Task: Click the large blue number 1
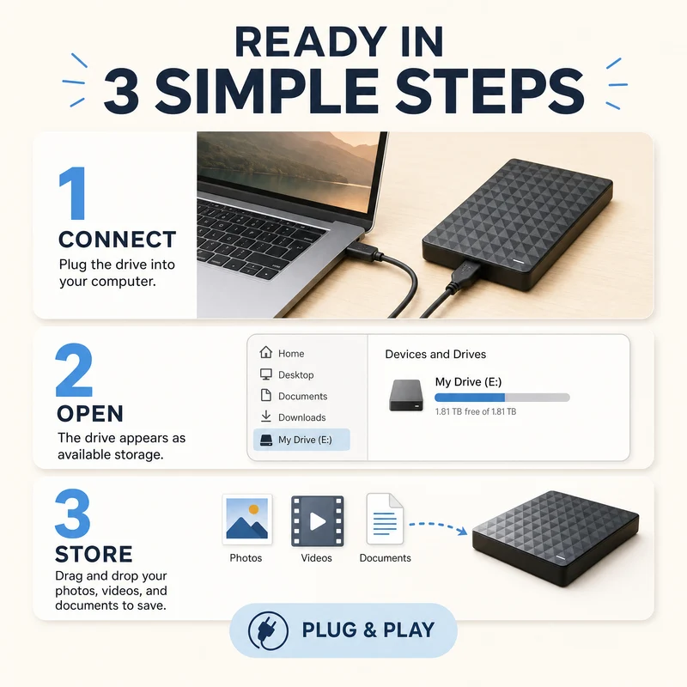tap(73, 193)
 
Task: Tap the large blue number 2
tap(74, 370)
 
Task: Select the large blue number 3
tap(73, 513)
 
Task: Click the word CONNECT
tap(118, 240)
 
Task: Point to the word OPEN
tap(90, 414)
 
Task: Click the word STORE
tap(94, 554)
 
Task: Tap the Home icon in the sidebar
tap(265, 352)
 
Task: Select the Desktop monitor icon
tap(265, 374)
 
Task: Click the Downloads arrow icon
tap(265, 416)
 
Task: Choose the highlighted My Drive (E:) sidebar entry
tap(301, 440)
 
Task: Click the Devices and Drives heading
tap(435, 354)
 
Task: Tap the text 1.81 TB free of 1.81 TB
tap(476, 412)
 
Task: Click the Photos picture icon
tap(247, 520)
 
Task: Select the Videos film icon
tap(317, 521)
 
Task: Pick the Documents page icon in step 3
tap(385, 519)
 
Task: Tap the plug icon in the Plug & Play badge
tap(268, 631)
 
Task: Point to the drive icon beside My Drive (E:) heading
tap(406, 395)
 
